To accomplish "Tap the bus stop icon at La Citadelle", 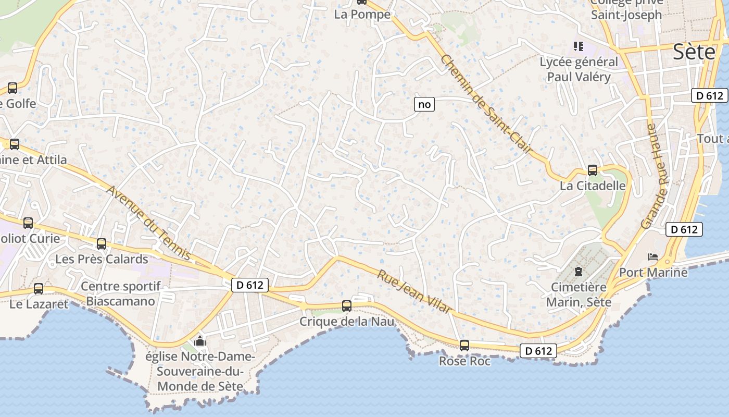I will click(593, 170).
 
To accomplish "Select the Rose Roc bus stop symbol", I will click(464, 345).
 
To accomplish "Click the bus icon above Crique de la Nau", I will click(347, 306).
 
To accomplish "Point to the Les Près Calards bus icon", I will click(102, 243).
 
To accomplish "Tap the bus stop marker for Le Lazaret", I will click(39, 288).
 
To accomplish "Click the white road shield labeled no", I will click(424, 104).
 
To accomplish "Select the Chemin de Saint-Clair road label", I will click(487, 104).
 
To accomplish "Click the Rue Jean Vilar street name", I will click(414, 291).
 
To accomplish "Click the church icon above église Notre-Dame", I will click(200, 342).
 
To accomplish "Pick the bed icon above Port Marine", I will click(653, 256).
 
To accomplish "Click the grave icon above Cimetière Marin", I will click(578, 271).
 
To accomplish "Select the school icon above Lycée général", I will click(578, 46).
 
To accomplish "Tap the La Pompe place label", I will click(362, 15).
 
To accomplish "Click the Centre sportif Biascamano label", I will click(121, 293).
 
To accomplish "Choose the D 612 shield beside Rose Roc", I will click(538, 351).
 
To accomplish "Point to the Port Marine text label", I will click(653, 272).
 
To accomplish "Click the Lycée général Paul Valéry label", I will click(579, 69).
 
